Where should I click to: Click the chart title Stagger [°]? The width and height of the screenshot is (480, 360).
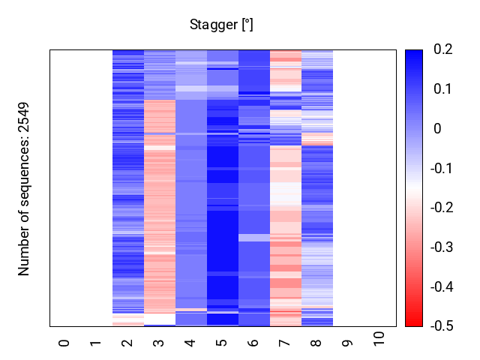point(221,25)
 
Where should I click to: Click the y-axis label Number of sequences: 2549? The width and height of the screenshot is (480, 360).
point(24,188)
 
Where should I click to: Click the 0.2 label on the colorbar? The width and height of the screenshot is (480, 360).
point(442,49)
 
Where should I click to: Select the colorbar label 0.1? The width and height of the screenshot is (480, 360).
point(442,89)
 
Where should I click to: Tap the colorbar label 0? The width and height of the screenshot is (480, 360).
point(437,129)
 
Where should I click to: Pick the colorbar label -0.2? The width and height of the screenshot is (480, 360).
point(445,208)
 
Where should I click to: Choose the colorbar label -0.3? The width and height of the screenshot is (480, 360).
point(445,247)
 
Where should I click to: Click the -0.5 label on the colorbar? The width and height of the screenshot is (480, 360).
point(445,326)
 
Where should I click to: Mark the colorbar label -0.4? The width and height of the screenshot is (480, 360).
point(445,286)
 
